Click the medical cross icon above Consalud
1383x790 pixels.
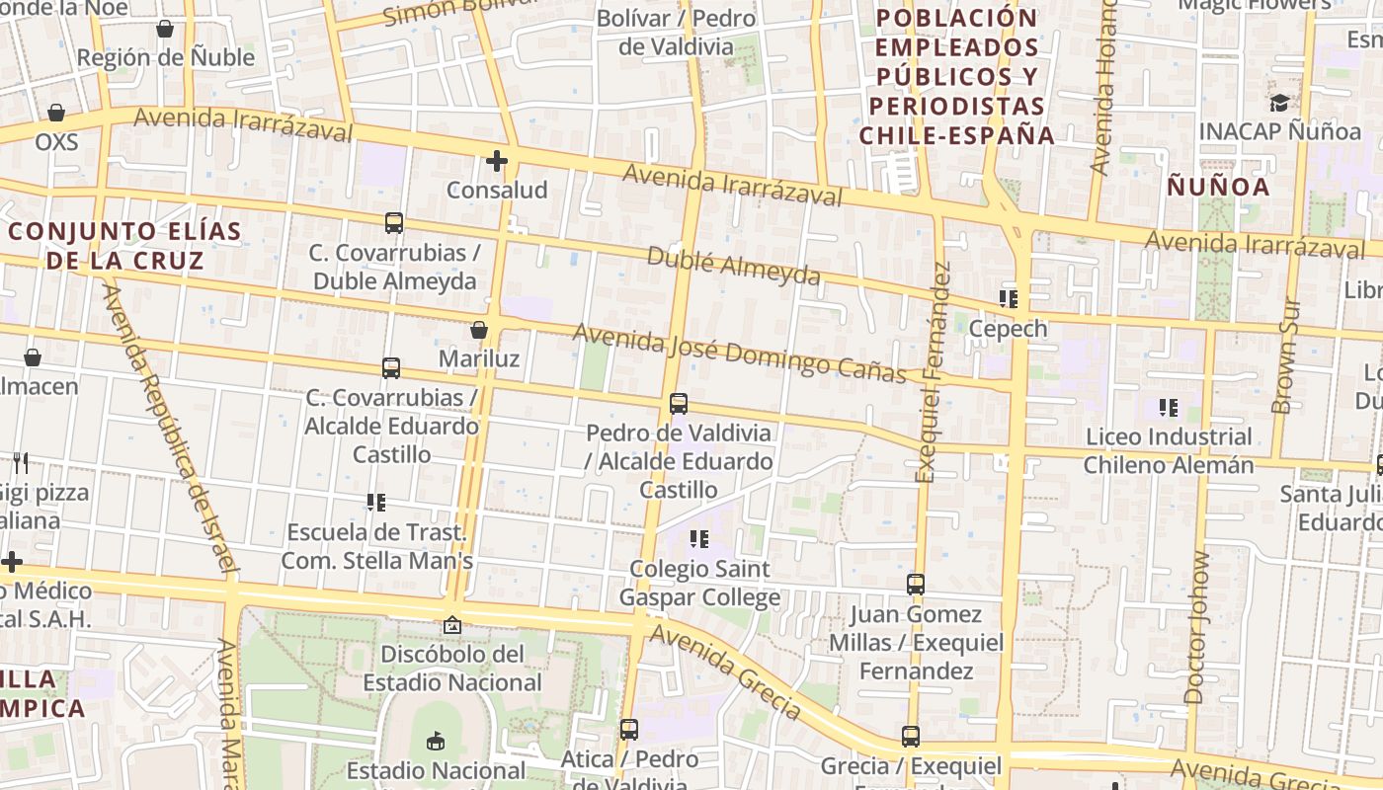click(497, 160)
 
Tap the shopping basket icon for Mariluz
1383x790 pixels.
click(479, 330)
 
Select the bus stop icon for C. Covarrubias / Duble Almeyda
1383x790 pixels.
click(394, 223)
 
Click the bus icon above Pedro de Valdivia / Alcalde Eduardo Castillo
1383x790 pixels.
click(679, 404)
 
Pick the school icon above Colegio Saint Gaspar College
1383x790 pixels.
click(699, 539)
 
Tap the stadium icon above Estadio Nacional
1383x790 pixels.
click(436, 741)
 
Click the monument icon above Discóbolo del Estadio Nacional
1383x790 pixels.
click(452, 625)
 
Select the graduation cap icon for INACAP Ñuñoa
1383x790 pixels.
click(1279, 103)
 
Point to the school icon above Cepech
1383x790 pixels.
click(1009, 299)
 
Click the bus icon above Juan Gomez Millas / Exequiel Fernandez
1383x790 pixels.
click(916, 585)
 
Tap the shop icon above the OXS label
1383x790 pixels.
click(56, 113)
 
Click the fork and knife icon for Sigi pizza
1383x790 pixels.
click(21, 462)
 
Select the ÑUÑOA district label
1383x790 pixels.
click(1218, 187)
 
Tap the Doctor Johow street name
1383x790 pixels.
click(1195, 628)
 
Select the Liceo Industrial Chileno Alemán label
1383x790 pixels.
click(1169, 450)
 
